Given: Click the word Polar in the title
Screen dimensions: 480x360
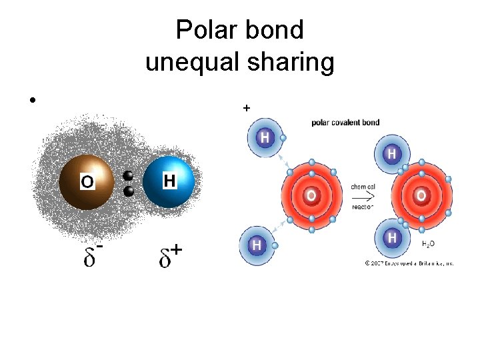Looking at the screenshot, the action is [x=204, y=30].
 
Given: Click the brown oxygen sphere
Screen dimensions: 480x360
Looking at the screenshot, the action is [x=86, y=181].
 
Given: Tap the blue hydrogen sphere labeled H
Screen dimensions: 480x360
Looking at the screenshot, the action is [x=169, y=181].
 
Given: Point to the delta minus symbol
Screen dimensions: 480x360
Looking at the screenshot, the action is [x=93, y=255].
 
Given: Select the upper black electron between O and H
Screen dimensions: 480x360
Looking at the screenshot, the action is [x=129, y=177].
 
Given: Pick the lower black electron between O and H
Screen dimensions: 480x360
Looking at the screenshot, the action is [x=129, y=191].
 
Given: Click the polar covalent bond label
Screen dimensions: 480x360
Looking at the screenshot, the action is [x=345, y=123].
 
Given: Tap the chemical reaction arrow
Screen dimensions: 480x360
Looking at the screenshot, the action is [x=363, y=197].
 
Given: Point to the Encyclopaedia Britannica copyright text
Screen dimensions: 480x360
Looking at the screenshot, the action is [x=409, y=263].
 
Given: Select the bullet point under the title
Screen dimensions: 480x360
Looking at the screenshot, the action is [x=31, y=100].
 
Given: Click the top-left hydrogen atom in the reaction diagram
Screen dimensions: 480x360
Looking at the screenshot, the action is [x=265, y=138].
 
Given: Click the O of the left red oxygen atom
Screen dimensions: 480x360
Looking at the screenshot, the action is [x=311, y=196].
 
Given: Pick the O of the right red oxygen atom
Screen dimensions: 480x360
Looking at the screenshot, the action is [x=421, y=196].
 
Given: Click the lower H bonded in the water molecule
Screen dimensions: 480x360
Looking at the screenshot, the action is [x=392, y=237].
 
